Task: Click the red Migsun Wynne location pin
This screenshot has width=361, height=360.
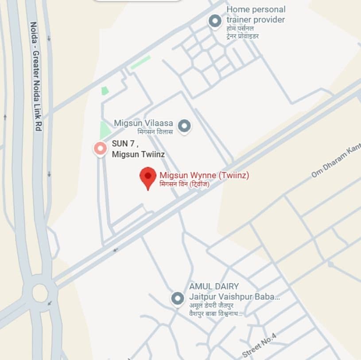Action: [148, 176]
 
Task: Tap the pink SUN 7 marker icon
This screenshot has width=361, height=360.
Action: [100, 148]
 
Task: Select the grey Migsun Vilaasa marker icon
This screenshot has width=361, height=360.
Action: [184, 126]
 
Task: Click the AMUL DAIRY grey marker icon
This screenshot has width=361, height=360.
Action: [178, 298]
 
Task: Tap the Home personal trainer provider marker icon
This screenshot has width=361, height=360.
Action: [215, 21]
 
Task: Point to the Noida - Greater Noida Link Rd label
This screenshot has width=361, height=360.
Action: [36, 75]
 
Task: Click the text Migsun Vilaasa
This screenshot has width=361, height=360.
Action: [143, 122]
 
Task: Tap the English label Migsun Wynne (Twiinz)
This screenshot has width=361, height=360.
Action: [204, 175]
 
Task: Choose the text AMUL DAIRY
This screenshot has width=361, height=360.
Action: [214, 286]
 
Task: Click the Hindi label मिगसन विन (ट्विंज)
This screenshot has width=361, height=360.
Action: [184, 184]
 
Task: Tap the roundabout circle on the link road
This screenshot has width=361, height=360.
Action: [40, 293]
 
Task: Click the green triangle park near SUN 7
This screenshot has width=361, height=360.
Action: [105, 130]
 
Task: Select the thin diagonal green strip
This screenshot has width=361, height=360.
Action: [140, 63]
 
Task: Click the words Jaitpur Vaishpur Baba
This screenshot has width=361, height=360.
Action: [234, 296]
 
